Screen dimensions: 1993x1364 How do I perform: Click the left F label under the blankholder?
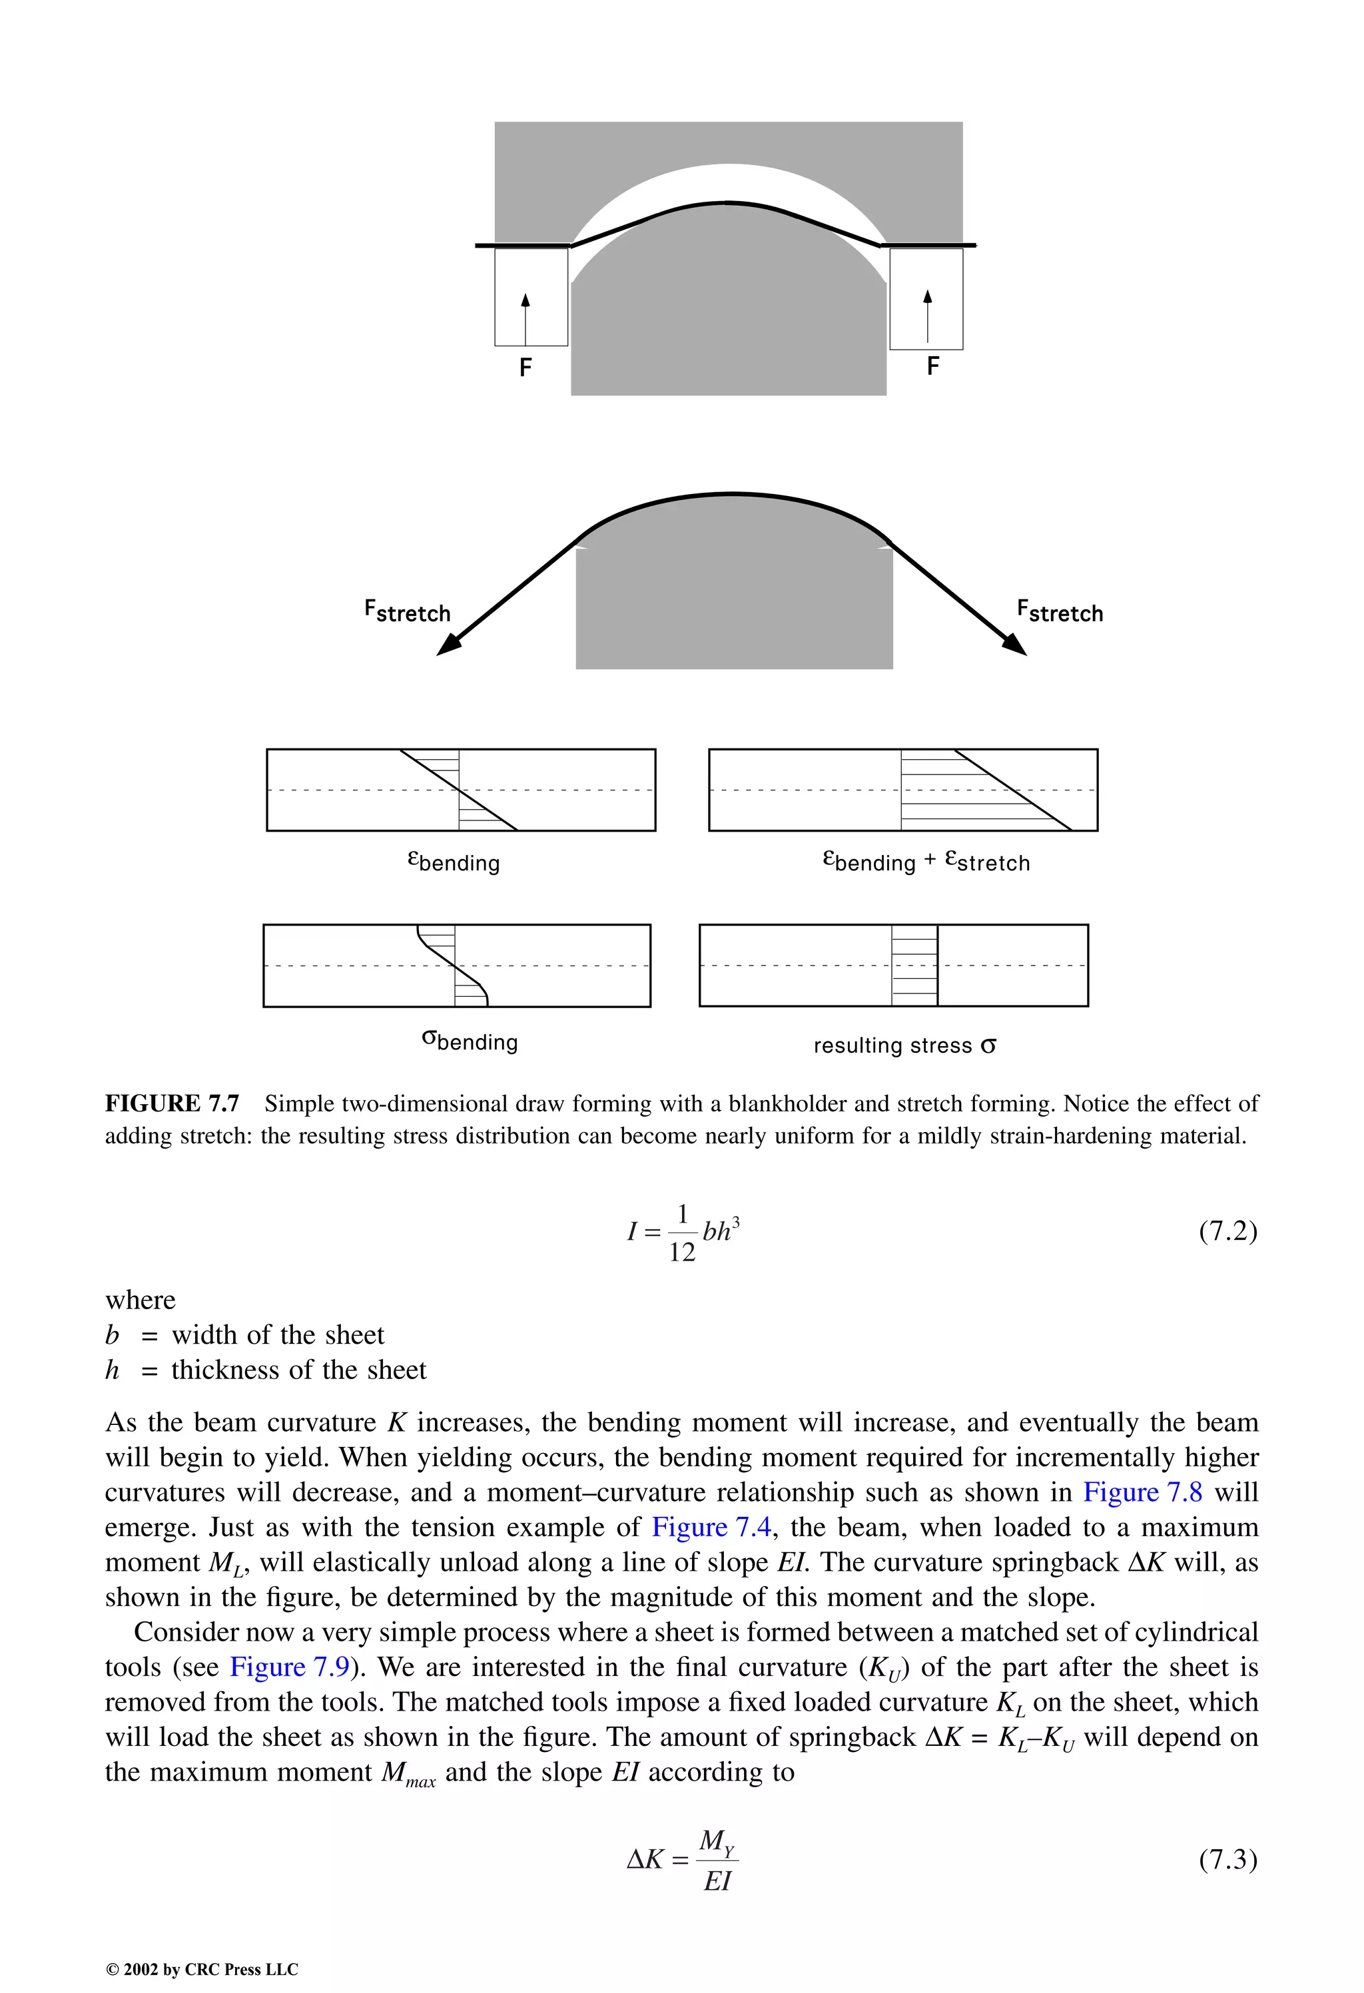(526, 368)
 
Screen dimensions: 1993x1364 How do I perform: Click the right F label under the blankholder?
(932, 366)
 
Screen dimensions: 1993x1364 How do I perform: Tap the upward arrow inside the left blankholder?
(526, 318)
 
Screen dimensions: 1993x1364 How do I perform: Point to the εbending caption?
(453, 861)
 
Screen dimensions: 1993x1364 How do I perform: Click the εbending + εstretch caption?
(926, 861)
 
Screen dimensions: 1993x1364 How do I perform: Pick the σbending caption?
(470, 1040)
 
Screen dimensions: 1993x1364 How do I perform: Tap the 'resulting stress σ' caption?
(904, 1045)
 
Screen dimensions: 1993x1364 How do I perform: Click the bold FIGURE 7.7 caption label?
(172, 1103)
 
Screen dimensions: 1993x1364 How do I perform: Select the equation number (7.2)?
(1227, 1231)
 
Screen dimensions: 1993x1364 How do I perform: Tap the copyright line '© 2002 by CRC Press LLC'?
(202, 1969)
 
